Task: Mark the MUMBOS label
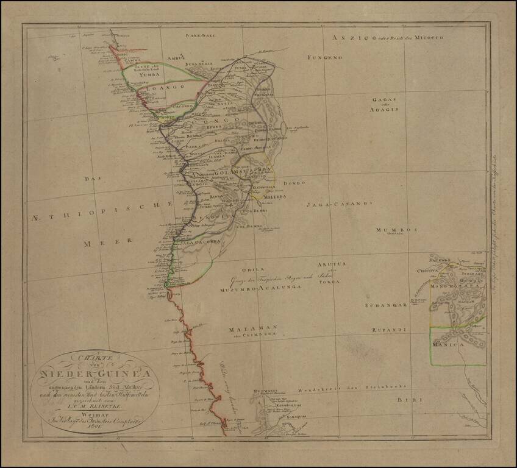coord(396,230)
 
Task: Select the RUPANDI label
coord(388,330)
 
